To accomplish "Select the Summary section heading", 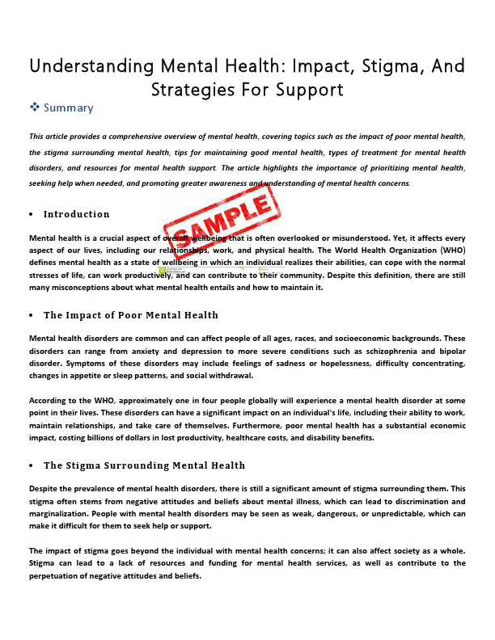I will (x=68, y=107).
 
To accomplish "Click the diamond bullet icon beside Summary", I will (x=34, y=107).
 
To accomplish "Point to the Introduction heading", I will (x=76, y=214).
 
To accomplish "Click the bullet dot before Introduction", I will (x=31, y=215).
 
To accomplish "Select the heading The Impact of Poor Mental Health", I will (x=131, y=314).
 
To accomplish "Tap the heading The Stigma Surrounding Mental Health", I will (x=144, y=465).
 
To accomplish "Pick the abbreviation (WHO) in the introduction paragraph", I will (x=449, y=251).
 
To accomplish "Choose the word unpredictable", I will (x=407, y=514).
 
